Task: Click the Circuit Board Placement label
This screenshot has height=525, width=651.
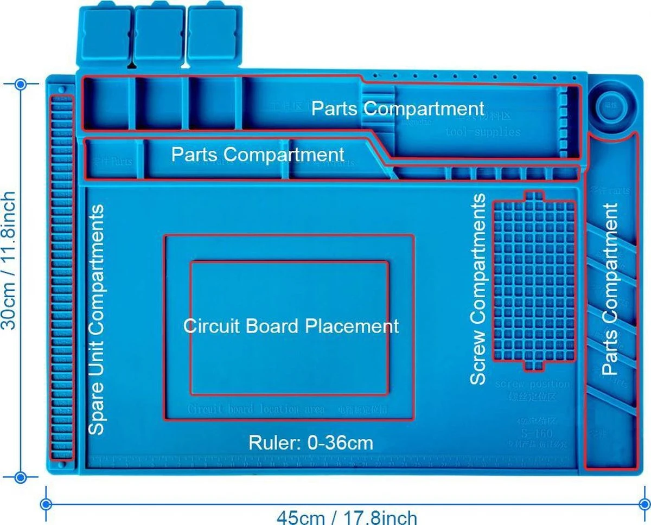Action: coord(291,326)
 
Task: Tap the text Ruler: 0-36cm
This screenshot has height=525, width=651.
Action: coord(311,443)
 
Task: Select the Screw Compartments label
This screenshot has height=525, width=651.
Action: coord(478,290)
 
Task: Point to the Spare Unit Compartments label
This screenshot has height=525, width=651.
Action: coord(96,319)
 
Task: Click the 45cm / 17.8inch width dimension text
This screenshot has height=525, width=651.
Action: coord(347,517)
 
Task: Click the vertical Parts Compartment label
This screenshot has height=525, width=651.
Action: coord(610,290)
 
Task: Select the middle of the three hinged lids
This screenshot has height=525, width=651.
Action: coord(158,34)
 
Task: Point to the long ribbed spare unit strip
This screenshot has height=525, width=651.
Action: coord(61,277)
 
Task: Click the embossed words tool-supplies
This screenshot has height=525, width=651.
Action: coord(482,132)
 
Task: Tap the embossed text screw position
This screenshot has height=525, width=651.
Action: coord(532,385)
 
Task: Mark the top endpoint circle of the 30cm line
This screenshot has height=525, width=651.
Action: coord(21,84)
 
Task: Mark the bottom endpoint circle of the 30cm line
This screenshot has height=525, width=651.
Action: coord(21,477)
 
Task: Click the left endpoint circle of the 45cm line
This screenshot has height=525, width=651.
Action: coord(47,504)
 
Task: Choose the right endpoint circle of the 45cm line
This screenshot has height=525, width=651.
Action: coord(643,504)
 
